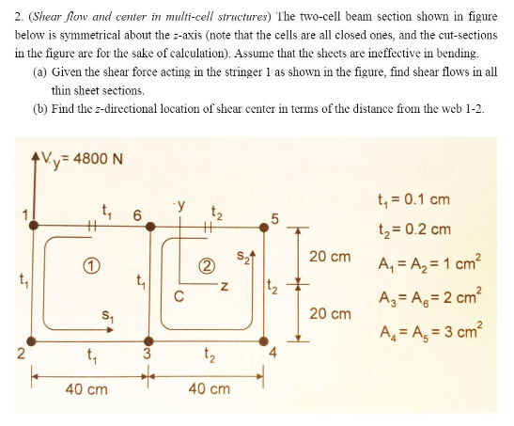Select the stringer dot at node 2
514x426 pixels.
33,339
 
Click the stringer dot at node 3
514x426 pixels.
147,339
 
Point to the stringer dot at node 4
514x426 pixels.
262,339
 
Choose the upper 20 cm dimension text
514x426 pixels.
329,256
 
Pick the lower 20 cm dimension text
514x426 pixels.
329,312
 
